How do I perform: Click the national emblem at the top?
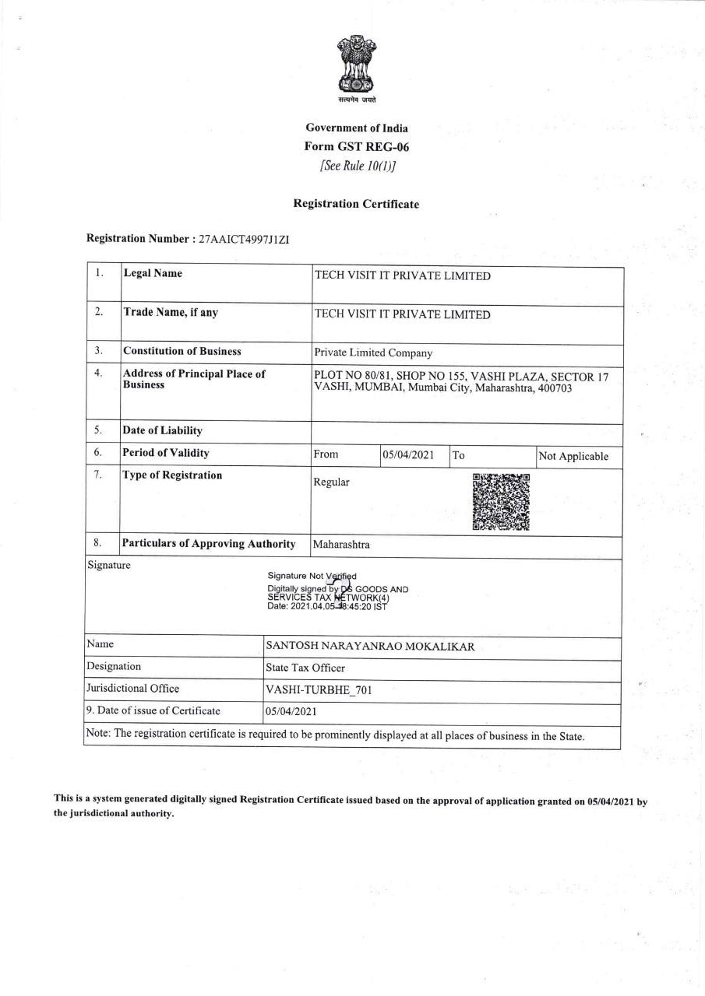pyautogui.click(x=356, y=65)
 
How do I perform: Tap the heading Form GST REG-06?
pyautogui.click(x=356, y=146)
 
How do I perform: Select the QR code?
pyautogui.click(x=501, y=502)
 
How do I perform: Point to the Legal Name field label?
pyautogui.click(x=153, y=273)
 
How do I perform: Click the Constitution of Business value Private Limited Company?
pyautogui.click(x=372, y=352)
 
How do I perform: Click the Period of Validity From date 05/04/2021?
pyautogui.click(x=408, y=455)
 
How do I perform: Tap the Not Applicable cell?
pyautogui.click(x=573, y=456)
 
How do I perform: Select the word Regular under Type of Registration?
pyautogui.click(x=331, y=482)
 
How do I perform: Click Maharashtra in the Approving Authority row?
pyautogui.click(x=341, y=545)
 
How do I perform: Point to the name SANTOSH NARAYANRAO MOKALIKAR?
pyautogui.click(x=370, y=647)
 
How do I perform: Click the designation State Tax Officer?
pyautogui.click(x=305, y=668)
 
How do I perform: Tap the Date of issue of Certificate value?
pyautogui.click(x=291, y=711)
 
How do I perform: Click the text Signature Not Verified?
pyautogui.click(x=312, y=576)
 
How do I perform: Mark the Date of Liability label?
pyautogui.click(x=162, y=431)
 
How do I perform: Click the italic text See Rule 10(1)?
pyautogui.click(x=356, y=166)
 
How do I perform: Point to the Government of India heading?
pyautogui.click(x=356, y=128)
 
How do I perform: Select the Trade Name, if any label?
pyautogui.click(x=171, y=312)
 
